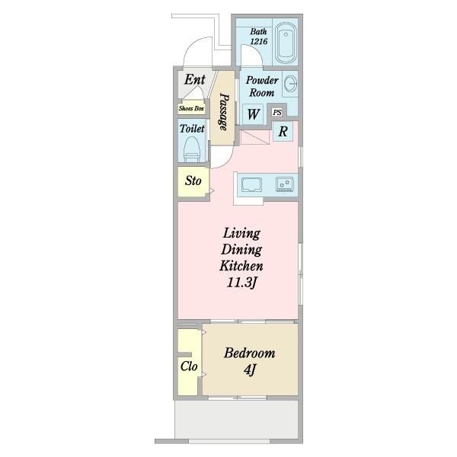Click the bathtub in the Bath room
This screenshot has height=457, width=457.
click(286, 43)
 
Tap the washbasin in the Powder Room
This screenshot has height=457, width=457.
click(290, 85)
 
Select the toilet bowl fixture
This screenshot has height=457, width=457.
click(193, 150)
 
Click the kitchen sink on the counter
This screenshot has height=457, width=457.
click(251, 185)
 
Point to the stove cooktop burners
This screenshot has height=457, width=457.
click(284, 184)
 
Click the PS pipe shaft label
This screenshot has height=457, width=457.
click(277, 112)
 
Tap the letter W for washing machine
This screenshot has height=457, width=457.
click(254, 114)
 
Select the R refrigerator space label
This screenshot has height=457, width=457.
click(283, 132)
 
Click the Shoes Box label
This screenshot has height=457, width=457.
click(191, 108)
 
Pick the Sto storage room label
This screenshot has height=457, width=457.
click(193, 181)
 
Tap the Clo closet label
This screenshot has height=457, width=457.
click(189, 366)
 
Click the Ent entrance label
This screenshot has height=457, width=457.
click(195, 79)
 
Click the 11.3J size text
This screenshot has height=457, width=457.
click(242, 283)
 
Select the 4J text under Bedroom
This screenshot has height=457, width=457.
click(250, 370)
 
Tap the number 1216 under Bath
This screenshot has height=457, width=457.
click(259, 41)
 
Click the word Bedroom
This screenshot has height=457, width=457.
click(250, 353)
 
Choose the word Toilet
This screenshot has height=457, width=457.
click(192, 129)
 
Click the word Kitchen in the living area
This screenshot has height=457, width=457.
click(241, 266)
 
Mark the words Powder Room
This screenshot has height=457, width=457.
click(262, 86)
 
